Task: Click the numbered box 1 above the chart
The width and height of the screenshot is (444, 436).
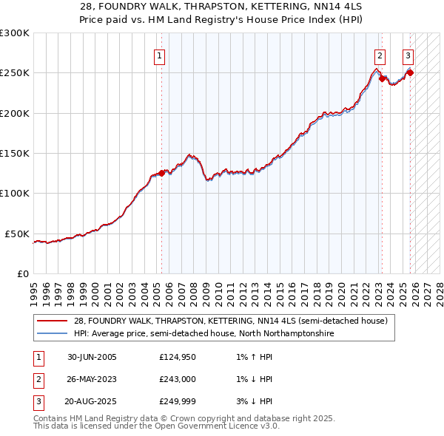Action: coord(160,55)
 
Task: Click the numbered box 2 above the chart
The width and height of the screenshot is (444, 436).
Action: coord(380,55)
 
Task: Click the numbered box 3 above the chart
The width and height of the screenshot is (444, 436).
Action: coord(408,55)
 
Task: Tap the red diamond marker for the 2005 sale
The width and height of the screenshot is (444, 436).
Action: coord(161,174)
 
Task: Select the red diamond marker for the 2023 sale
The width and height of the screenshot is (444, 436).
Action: coord(382,79)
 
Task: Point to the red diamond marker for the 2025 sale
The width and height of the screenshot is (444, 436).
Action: coord(410,72)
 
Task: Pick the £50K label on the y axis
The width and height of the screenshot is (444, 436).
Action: coord(17,234)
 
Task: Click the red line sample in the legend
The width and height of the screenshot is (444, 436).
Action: coord(52,321)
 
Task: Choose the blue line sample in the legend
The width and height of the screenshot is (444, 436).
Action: coord(52,334)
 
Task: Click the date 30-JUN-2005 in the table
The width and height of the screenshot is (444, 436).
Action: coord(92,357)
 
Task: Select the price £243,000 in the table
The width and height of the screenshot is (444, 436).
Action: coord(178,379)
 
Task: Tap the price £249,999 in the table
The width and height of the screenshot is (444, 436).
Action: coord(178,401)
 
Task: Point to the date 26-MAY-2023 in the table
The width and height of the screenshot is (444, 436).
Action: coord(92,379)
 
